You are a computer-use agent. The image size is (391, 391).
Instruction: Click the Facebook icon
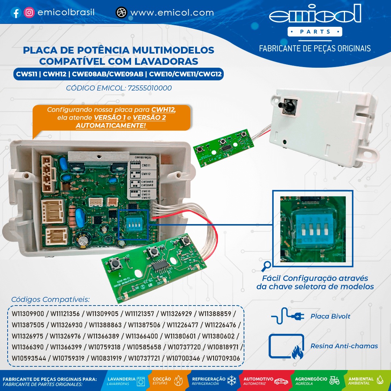(16, 13)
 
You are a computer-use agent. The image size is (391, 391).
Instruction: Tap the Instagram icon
(29, 13)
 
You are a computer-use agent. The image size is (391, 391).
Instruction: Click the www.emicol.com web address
(172, 13)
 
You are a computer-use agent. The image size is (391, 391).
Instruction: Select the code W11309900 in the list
(28, 313)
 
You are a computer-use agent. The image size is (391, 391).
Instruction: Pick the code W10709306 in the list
(223, 358)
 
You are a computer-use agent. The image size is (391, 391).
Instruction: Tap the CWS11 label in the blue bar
(26, 75)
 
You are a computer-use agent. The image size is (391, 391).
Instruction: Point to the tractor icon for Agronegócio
(334, 381)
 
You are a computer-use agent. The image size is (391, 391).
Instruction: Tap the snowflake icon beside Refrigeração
(231, 381)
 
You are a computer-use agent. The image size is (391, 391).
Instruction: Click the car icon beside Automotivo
(281, 382)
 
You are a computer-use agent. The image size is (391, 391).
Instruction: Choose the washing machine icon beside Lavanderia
(141, 381)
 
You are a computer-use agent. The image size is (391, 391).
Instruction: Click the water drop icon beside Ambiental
(380, 380)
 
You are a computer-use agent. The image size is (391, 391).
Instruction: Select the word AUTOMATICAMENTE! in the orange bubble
(111, 126)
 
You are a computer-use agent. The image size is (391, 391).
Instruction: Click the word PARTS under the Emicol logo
(315, 32)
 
